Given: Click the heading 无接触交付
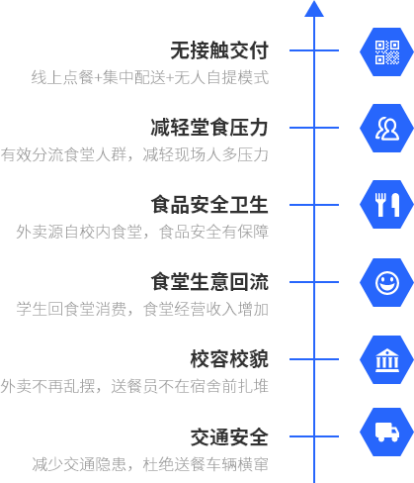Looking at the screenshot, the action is pos(219,50).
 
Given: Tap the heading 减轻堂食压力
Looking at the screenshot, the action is pos(209,128).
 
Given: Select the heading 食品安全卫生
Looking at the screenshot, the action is pos(209,205).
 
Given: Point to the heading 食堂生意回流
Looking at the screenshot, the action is pos(209,282).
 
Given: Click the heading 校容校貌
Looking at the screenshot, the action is pos(229,359).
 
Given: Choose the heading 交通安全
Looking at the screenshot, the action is pos(229,436).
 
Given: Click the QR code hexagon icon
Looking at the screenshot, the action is pos(386,52).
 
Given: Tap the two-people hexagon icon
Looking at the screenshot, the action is pos(386,129).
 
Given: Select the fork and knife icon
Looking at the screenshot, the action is pos(386,205).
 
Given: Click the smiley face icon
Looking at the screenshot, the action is pos(386,282).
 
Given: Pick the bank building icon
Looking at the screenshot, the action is pos(386,359).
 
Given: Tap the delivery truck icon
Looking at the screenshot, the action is pos(386,432).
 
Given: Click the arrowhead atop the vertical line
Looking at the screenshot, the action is pos(314,9).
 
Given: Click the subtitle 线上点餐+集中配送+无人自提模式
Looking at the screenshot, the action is pos(150,77).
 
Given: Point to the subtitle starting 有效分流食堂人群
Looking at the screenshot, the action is pos(134,154).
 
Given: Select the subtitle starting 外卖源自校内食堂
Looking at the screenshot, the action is pos(142,232).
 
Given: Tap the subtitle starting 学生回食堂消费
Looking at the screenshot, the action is pos(142,309).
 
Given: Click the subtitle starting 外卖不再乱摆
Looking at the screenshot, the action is pos(134,386).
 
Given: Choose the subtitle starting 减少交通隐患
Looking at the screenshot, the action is pos(150,464).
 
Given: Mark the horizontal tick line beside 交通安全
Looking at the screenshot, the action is pos(314,436).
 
